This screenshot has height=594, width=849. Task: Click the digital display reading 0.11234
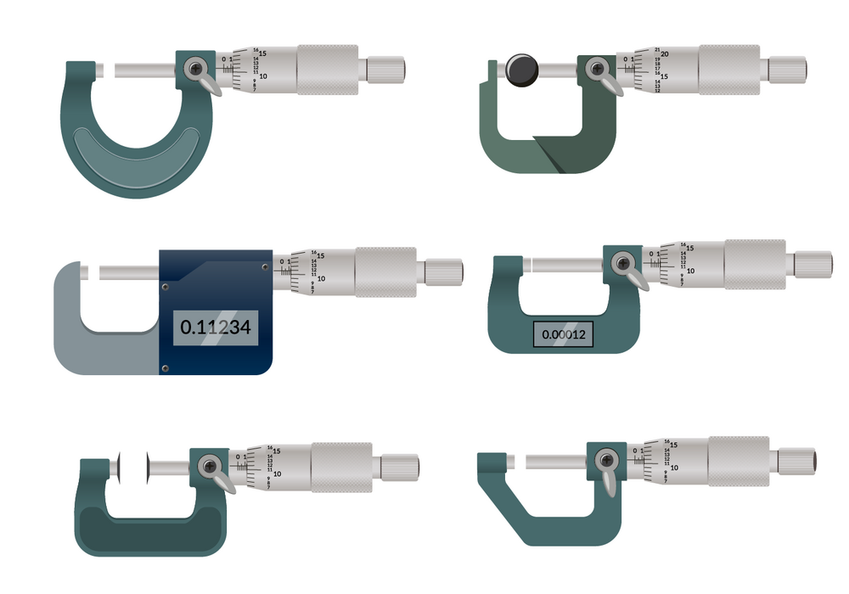(216, 327)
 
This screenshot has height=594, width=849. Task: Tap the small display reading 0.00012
(563, 335)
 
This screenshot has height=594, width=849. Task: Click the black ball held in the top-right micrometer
(520, 69)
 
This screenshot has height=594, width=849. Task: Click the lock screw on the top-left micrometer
(197, 67)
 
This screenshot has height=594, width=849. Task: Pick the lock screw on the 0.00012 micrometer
(625, 261)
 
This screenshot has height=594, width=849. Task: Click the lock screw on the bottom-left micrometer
(209, 464)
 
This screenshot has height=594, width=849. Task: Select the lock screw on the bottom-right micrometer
(606, 460)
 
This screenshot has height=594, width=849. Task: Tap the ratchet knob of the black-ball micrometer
(787, 69)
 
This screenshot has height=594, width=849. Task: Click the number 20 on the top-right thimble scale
(665, 53)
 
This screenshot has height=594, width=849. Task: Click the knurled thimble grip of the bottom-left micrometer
(340, 466)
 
